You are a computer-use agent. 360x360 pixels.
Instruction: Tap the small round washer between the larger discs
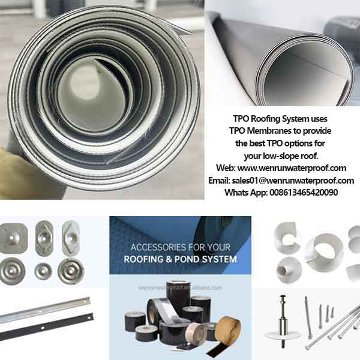43,270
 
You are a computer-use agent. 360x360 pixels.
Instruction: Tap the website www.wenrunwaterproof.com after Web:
295,168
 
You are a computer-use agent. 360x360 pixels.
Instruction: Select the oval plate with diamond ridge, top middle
43,236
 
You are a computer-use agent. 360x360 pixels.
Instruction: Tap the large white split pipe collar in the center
322,249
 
